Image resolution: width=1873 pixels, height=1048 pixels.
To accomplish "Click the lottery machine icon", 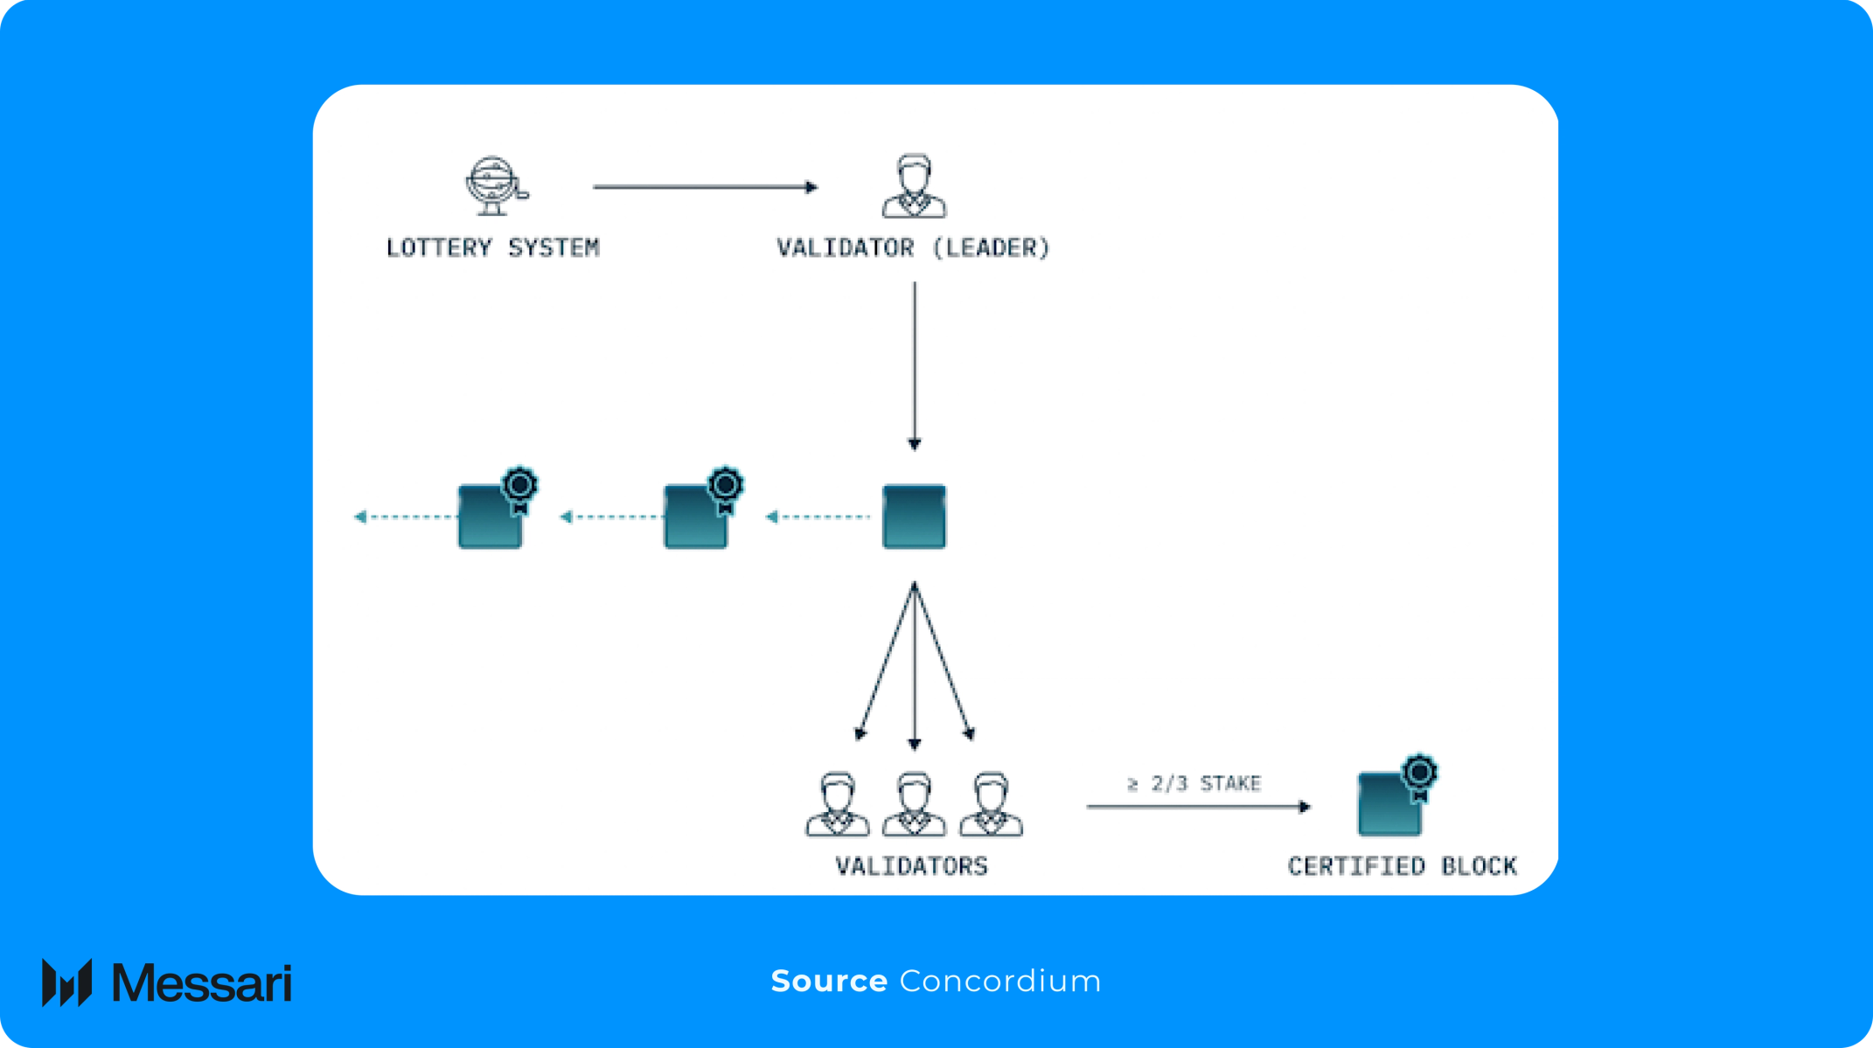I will [x=495, y=185].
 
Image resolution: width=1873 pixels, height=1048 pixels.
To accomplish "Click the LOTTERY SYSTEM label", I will [x=492, y=248].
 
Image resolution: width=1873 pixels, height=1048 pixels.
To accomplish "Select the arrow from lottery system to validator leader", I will [x=704, y=187].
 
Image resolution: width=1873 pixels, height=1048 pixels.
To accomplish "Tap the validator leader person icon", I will [x=914, y=186].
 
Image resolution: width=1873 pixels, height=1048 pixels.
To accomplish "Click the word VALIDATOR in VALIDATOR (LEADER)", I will [x=845, y=248].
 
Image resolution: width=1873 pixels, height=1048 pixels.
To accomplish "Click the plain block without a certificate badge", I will [x=914, y=517].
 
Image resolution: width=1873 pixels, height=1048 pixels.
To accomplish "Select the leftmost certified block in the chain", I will [x=491, y=517].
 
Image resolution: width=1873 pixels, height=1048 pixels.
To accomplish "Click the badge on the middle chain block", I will [x=725, y=487].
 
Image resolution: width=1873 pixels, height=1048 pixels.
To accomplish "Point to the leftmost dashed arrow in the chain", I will [x=404, y=517].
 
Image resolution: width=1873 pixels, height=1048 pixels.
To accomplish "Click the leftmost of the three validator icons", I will [x=837, y=804].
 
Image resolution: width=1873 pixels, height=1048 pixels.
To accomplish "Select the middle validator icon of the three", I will [x=914, y=804].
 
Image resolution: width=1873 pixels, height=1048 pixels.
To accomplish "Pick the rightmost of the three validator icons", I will [x=991, y=804].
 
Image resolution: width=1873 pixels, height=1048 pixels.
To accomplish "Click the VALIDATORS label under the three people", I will [x=912, y=866].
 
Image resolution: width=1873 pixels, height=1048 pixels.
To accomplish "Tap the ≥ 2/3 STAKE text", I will [x=1194, y=783].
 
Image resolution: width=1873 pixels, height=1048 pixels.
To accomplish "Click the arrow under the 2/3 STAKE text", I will [x=1198, y=807].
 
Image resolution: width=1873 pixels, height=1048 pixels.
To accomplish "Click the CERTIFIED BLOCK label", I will [x=1402, y=866].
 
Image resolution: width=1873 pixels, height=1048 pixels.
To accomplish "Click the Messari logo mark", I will [x=66, y=982].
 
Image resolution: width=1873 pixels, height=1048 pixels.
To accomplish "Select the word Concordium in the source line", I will [x=999, y=981].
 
